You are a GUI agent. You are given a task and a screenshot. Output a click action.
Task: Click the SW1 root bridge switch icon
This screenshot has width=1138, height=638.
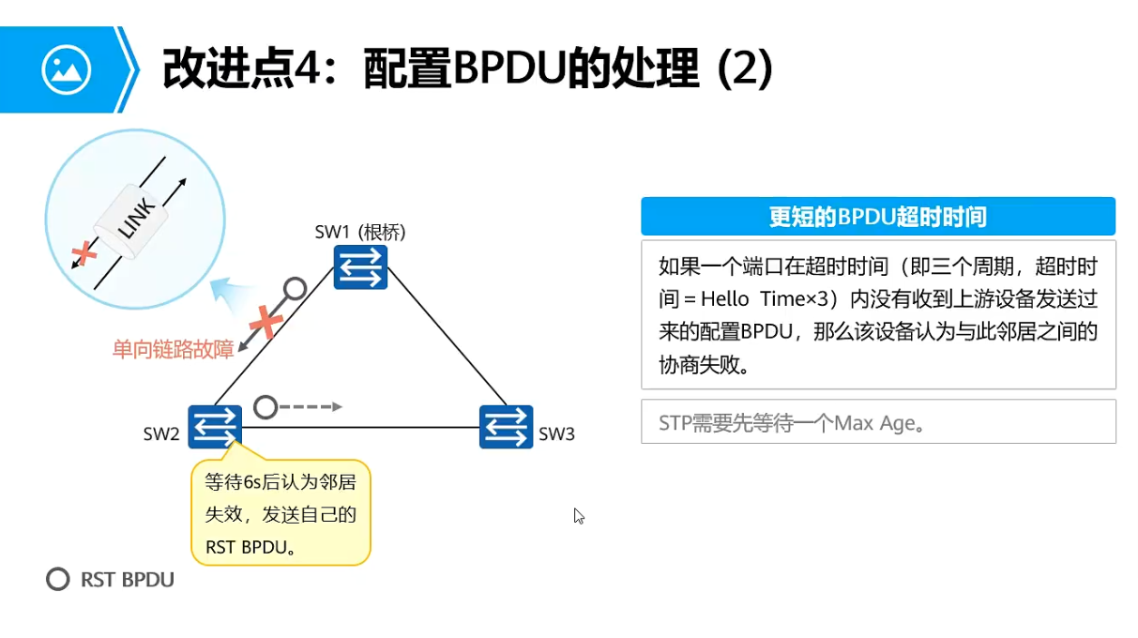point(360,266)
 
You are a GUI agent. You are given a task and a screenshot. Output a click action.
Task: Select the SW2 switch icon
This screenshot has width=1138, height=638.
point(215,427)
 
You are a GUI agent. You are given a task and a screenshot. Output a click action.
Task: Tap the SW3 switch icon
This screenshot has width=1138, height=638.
point(506,427)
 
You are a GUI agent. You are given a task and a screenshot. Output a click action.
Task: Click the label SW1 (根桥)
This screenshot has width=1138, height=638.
point(360,232)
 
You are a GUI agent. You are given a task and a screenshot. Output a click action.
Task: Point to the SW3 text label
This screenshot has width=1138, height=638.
point(556,434)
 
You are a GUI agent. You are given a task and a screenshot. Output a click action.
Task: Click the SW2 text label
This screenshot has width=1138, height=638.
point(161,434)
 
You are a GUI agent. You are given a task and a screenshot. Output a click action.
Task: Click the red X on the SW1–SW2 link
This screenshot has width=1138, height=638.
point(267,322)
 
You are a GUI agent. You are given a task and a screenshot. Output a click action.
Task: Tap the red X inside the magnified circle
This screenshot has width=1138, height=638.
point(85,252)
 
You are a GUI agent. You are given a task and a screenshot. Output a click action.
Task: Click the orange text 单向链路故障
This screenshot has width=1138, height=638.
point(173,350)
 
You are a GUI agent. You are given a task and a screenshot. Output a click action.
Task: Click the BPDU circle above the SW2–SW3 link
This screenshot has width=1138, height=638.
point(266,407)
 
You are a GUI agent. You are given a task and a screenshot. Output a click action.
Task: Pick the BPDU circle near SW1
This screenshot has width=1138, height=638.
point(296,287)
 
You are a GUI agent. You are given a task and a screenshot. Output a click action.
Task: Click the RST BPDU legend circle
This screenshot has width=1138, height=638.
point(58,579)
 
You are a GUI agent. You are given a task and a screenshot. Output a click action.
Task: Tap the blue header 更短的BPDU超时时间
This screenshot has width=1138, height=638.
point(877,217)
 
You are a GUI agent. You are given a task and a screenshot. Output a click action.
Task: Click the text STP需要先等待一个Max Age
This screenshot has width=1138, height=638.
point(792,423)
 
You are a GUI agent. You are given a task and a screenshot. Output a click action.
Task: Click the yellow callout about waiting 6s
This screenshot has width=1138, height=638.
point(281,512)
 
